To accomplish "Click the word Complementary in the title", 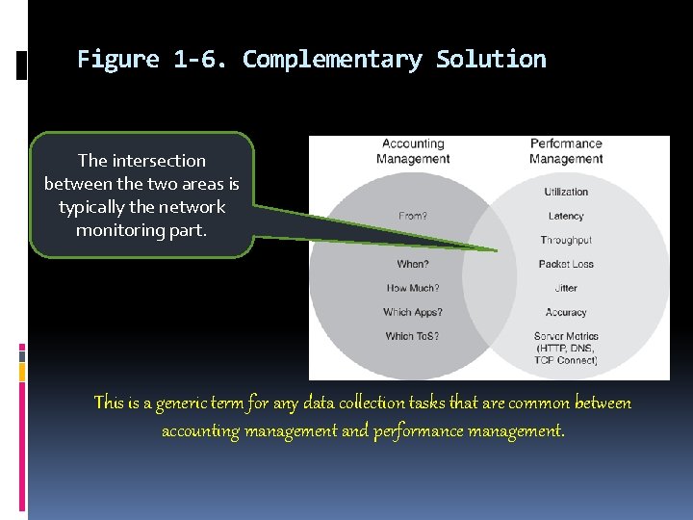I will tap(332, 60).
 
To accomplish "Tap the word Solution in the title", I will tap(491, 60).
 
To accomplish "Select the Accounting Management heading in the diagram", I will tap(413, 152).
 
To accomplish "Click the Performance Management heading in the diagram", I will tap(566, 152).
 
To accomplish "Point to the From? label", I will tap(413, 216).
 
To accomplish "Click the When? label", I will tap(413, 264).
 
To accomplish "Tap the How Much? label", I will tap(413, 288).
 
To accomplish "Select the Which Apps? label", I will tap(413, 312).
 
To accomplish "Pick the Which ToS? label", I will tap(413, 336).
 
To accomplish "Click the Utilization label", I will tap(566, 192).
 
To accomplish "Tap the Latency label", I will tap(566, 216).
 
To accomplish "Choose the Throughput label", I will tap(566, 240).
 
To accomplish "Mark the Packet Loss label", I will tap(566, 264).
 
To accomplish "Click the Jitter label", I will tap(566, 288).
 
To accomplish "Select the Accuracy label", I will tap(566, 312).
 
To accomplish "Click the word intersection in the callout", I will tap(160, 161).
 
